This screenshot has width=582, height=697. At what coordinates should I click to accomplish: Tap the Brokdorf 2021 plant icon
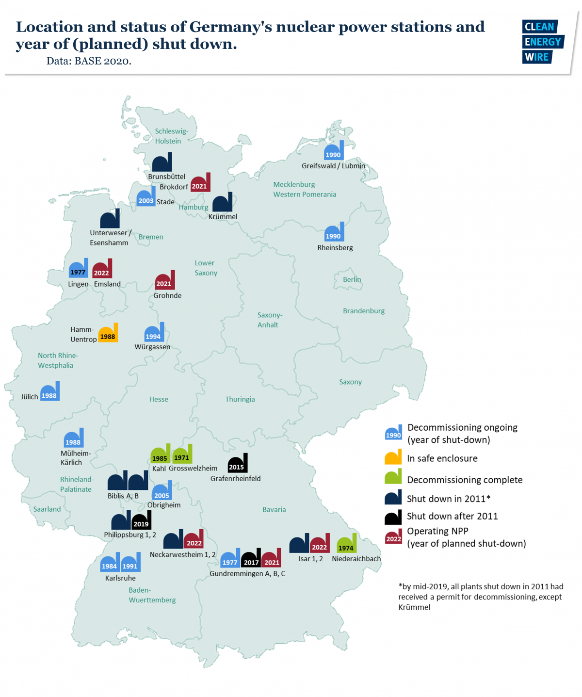[x=200, y=183]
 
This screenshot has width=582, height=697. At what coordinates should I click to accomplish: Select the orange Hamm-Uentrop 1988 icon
[x=108, y=334]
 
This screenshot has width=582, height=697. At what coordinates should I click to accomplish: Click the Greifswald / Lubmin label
[x=333, y=166]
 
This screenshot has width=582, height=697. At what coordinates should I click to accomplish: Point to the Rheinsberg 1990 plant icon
[x=334, y=233]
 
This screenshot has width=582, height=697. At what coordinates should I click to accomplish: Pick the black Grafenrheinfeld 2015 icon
[x=238, y=464]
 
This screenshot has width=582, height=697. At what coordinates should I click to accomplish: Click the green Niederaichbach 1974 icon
[x=346, y=544]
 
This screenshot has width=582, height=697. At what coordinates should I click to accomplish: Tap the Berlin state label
[x=352, y=279]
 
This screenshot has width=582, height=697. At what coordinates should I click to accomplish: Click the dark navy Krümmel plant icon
[x=223, y=203]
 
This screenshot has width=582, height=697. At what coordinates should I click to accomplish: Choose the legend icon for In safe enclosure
[x=393, y=457]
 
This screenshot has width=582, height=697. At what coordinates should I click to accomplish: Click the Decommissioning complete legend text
[x=465, y=480]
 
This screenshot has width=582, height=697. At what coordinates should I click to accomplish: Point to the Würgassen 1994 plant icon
[x=154, y=333]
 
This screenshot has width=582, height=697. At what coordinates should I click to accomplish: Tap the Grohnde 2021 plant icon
[x=165, y=281]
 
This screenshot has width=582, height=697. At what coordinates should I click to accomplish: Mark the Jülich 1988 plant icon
[x=50, y=392]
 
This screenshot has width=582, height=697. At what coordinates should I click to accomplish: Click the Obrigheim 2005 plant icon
[x=162, y=491]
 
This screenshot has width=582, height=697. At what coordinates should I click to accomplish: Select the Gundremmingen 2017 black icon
[x=251, y=559]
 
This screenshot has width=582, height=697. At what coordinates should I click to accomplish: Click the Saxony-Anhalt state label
[x=269, y=320]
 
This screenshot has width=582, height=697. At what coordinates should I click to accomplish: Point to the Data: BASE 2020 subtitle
[x=89, y=61]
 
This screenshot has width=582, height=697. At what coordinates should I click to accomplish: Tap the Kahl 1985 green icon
[x=160, y=454]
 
